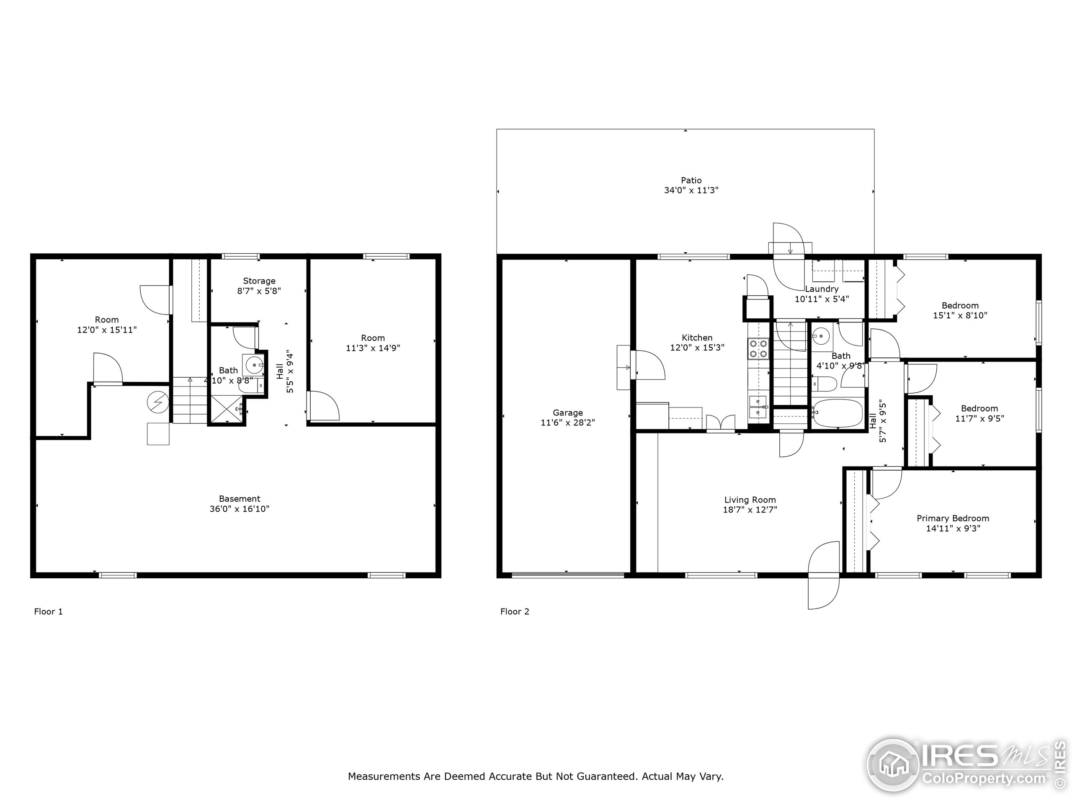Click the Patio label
691,180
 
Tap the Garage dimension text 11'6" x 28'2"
567,423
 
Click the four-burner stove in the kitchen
758,348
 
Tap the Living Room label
750,500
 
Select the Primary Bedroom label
952,518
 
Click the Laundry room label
822,289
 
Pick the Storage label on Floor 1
259,281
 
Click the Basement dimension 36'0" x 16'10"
240,509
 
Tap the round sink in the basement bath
253,364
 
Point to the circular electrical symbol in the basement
158,402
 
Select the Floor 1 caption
49,612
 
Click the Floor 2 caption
515,612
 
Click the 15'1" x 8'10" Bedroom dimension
960,315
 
